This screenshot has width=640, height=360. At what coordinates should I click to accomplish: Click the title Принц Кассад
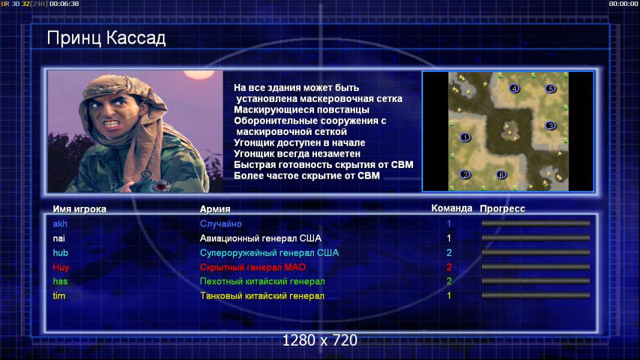106,38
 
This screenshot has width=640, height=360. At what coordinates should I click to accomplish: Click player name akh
60,224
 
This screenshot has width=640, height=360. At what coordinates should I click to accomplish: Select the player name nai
59,238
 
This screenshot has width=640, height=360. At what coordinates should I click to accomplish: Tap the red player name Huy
61,268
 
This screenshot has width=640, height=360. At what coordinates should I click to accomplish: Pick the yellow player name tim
59,296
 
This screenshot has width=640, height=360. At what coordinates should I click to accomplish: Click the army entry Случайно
220,224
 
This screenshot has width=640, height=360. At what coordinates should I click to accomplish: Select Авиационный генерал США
261,238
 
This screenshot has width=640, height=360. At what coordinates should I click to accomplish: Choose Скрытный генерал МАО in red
253,268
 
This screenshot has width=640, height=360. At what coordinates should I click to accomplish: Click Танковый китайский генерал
262,296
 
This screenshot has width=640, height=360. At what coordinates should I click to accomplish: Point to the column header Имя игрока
80,209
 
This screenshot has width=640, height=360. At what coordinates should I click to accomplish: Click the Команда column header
451,208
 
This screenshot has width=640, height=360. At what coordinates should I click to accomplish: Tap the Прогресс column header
502,209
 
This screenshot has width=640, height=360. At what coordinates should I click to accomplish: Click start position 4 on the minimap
515,88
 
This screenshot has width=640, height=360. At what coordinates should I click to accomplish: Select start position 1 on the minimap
465,137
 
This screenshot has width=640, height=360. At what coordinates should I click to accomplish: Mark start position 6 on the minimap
501,175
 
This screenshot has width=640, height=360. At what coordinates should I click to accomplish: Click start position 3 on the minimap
551,125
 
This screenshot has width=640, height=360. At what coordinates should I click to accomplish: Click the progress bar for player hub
536,253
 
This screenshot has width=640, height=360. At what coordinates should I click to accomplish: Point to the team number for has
449,281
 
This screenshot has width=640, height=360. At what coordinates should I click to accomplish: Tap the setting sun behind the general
199,74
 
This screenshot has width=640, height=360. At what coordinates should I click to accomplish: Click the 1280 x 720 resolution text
320,340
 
